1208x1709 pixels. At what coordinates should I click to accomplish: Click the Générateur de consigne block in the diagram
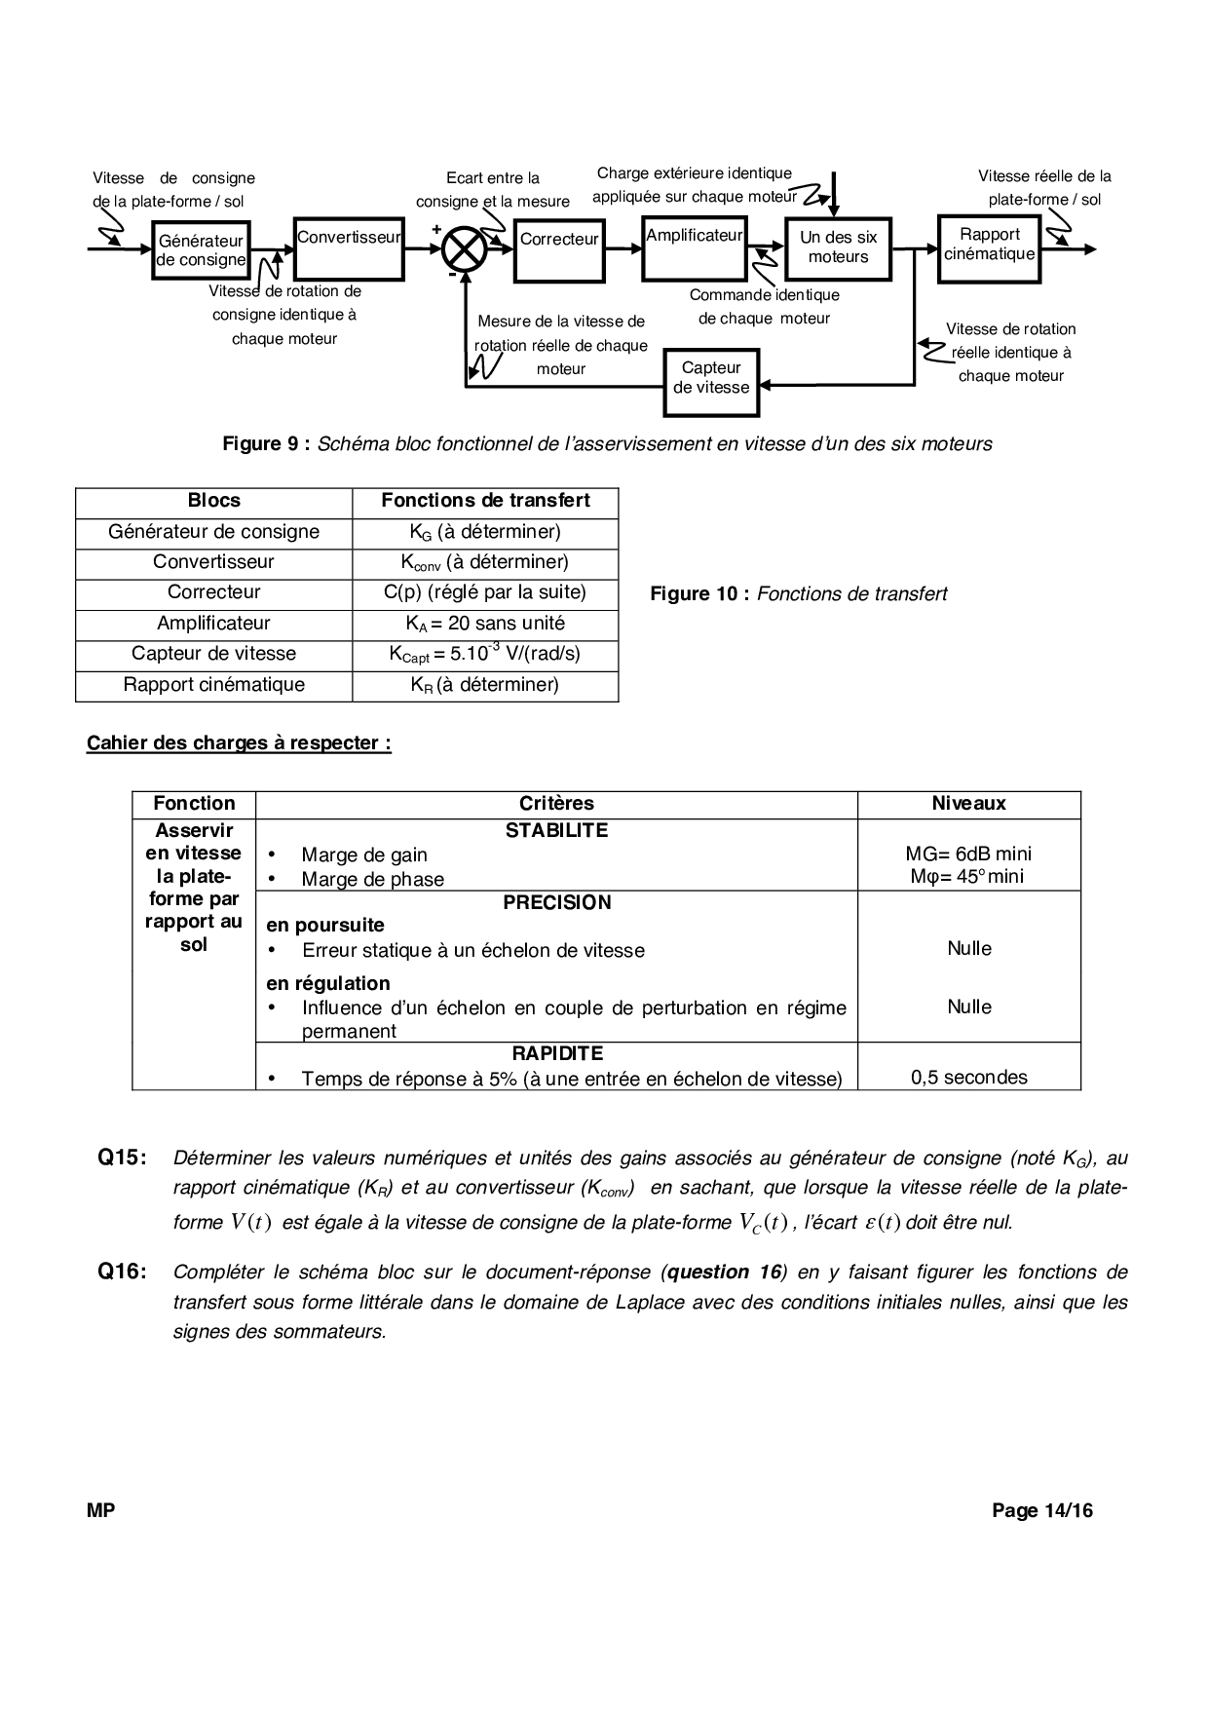[201, 250]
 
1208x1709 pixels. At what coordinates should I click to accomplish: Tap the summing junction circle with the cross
[465, 249]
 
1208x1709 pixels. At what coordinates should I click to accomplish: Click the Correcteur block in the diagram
[559, 249]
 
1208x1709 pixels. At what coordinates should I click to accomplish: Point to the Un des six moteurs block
[838, 248]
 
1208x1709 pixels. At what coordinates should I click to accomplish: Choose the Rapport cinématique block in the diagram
[989, 249]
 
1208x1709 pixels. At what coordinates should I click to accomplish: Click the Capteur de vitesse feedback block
[711, 378]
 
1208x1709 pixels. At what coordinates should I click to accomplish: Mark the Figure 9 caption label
[266, 444]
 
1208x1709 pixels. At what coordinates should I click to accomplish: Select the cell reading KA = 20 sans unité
[485, 624]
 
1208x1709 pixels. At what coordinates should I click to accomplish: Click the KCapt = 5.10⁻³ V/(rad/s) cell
[485, 654]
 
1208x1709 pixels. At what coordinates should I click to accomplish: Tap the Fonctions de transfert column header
[485, 501]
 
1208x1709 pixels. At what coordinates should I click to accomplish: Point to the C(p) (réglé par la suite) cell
[485, 592]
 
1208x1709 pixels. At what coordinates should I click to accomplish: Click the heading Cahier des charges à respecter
[239, 743]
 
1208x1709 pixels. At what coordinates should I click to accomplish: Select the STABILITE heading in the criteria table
[556, 831]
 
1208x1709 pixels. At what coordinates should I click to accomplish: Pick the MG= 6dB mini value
[968, 854]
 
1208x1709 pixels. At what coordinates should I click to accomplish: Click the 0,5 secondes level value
[968, 1078]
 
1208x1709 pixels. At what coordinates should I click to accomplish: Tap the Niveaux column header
[968, 804]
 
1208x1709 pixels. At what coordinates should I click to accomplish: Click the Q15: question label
[123, 1158]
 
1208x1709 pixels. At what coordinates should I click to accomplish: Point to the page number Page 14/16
[1042, 1511]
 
